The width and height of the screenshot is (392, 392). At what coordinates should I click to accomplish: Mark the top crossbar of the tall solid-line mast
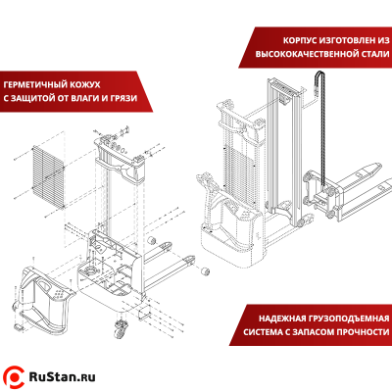coord(283,84)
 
